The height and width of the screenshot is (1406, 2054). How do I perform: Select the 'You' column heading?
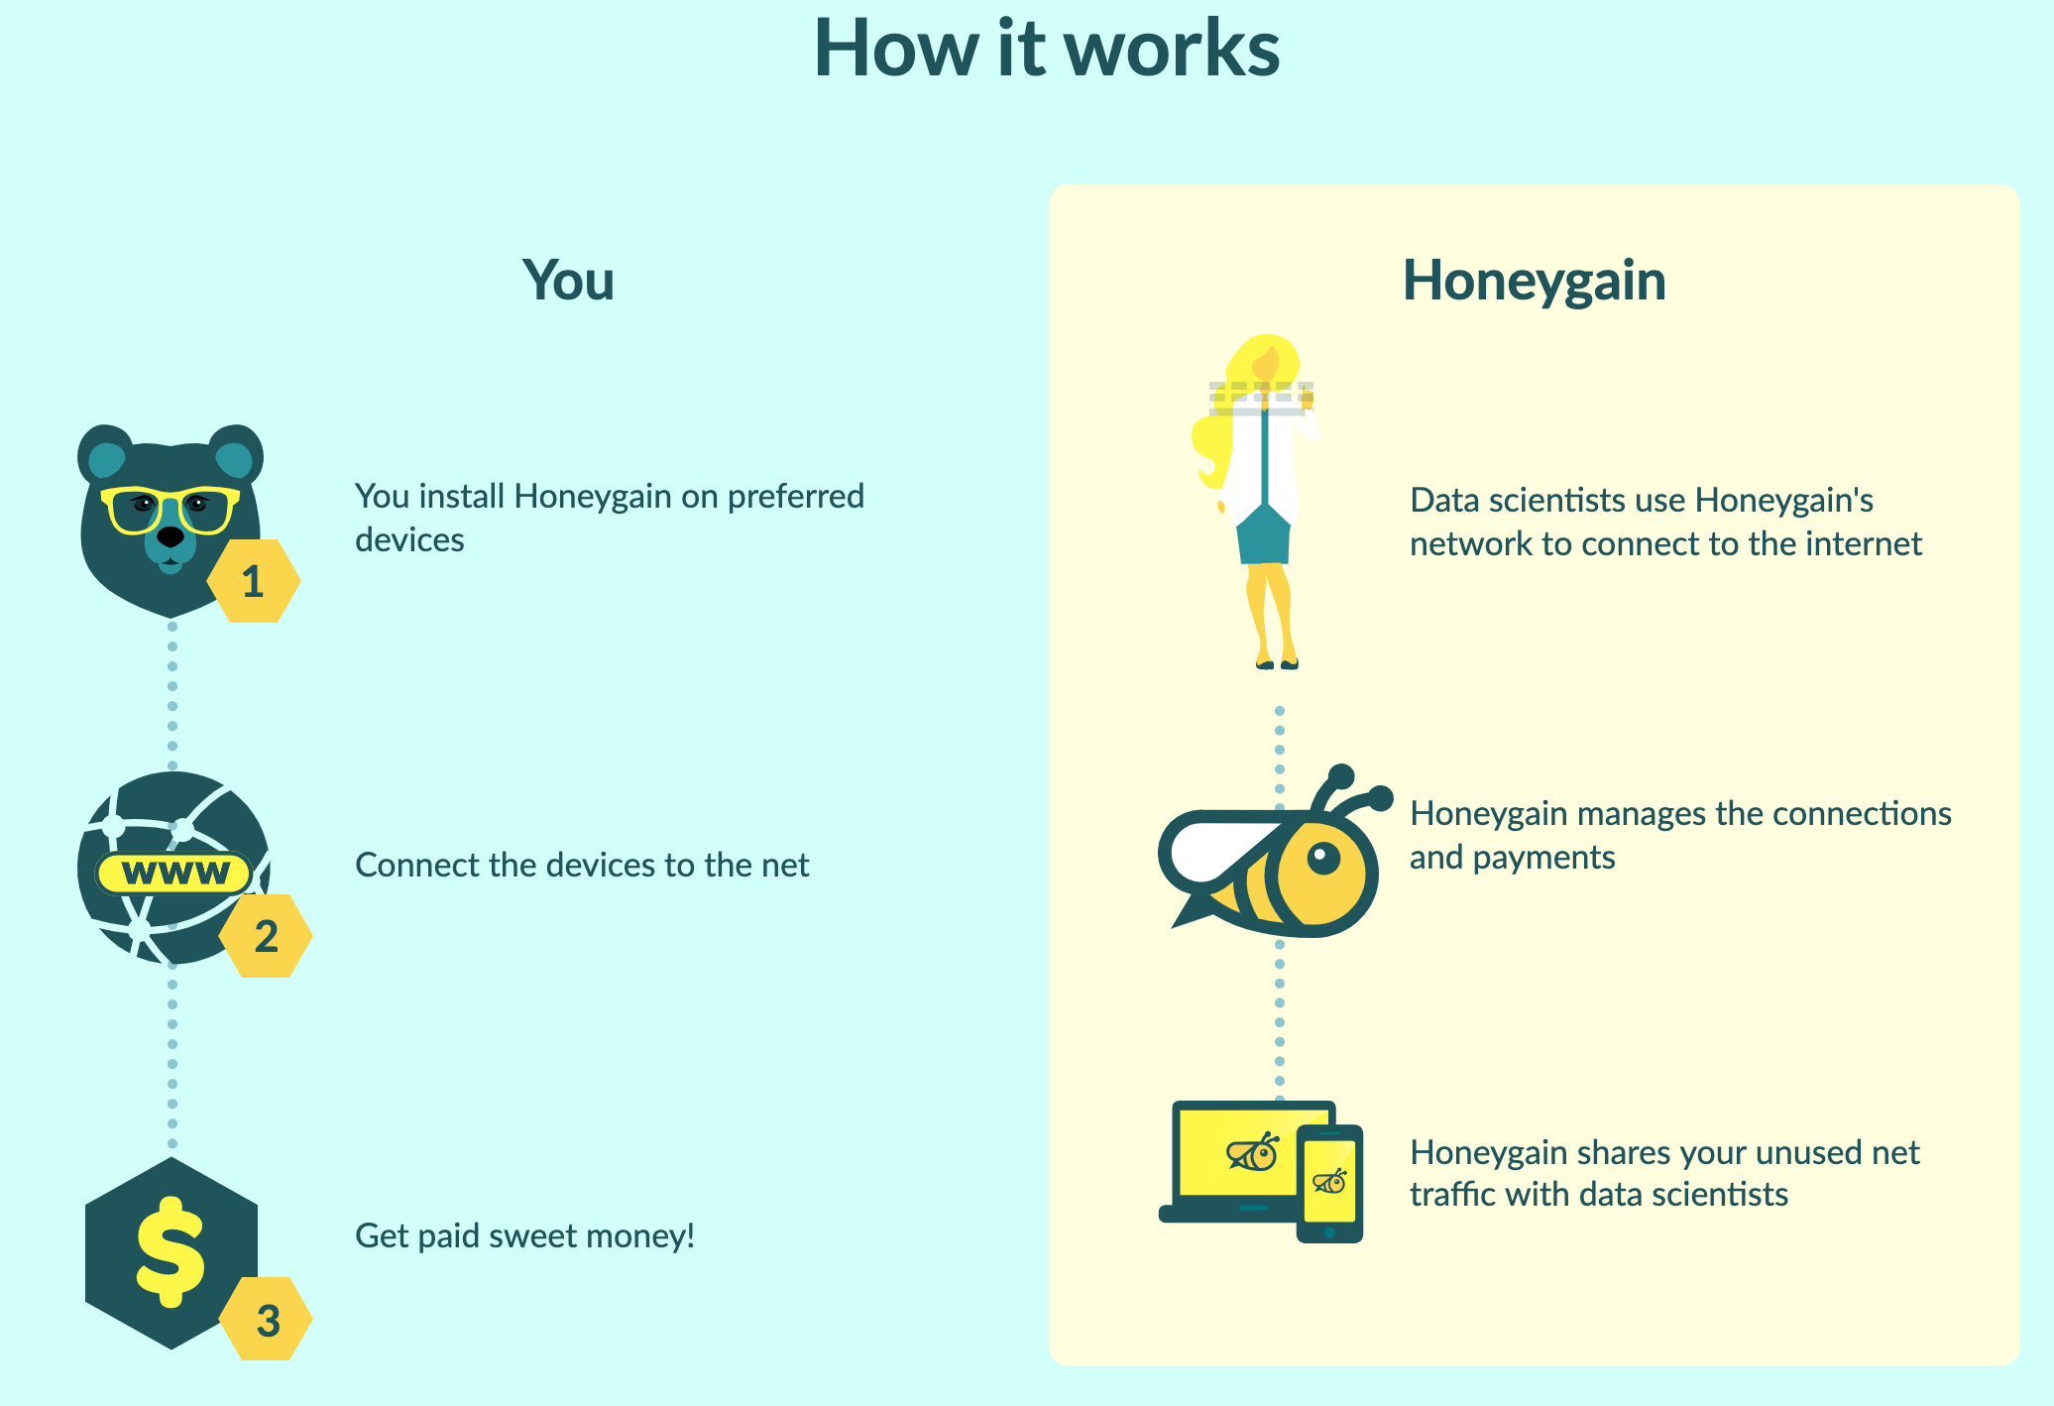click(x=568, y=280)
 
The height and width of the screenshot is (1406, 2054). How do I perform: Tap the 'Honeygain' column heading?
click(x=1534, y=280)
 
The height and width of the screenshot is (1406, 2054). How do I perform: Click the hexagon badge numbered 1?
click(x=254, y=581)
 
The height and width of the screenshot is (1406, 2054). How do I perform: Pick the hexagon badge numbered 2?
click(x=266, y=936)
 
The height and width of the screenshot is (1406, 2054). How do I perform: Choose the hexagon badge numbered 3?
click(x=266, y=1319)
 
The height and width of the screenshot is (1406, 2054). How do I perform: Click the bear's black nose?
click(x=171, y=536)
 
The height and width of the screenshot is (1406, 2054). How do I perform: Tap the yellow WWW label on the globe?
click(x=175, y=873)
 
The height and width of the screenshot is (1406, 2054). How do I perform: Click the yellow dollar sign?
click(x=171, y=1250)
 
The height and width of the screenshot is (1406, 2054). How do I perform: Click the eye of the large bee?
click(x=1322, y=858)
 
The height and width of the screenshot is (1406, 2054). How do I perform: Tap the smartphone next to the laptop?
click(x=1329, y=1183)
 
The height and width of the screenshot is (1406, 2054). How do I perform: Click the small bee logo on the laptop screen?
click(x=1253, y=1151)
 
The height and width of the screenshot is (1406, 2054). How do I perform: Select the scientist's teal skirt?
click(x=1263, y=533)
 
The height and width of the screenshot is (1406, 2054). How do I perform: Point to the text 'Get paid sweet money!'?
click(x=525, y=1236)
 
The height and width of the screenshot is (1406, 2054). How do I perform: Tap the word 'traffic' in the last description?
click(x=1453, y=1194)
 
